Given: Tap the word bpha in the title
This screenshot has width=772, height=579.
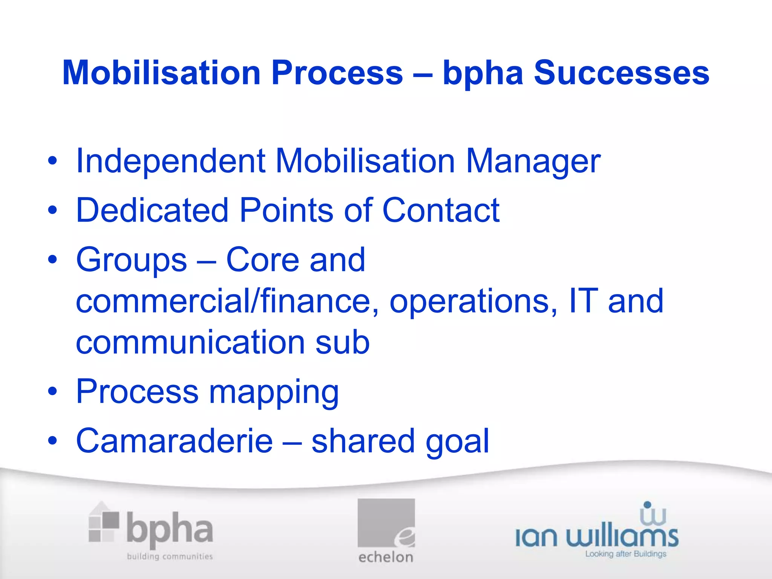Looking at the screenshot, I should coord(483,74).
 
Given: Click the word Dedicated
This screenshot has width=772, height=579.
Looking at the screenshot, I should coord(152,210).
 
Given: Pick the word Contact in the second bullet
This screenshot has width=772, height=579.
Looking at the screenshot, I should coord(441,210).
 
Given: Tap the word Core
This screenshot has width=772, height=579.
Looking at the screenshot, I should coord(262,260).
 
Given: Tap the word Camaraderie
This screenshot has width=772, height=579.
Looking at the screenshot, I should coord(174,441).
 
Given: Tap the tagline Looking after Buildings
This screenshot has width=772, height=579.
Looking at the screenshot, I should coord(625,554).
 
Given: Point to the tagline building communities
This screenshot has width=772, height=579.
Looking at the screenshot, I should coord(170,556).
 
